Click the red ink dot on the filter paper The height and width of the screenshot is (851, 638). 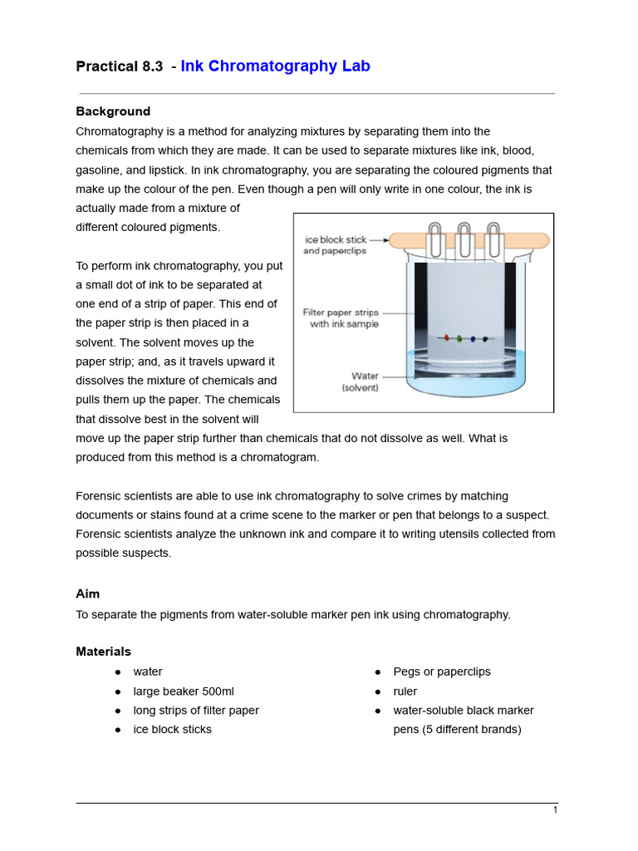click(446, 338)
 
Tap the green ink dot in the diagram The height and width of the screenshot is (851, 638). click(459, 339)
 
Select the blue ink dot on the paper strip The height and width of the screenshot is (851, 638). click(473, 339)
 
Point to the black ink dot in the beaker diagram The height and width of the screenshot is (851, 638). click(485, 339)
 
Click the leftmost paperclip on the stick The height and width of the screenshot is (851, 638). click(435, 240)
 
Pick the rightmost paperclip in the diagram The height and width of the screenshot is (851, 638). click(494, 240)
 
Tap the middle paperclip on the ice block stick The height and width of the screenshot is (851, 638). click(464, 240)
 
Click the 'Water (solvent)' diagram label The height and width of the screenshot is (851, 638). click(360, 381)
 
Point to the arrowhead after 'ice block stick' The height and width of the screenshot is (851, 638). click(385, 240)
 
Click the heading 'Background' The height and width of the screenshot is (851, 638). click(113, 111)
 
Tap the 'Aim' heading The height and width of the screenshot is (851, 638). click(87, 593)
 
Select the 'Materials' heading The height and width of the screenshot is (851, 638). click(103, 652)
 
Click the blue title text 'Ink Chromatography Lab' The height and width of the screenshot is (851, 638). click(275, 66)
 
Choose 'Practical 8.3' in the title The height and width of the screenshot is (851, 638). click(119, 66)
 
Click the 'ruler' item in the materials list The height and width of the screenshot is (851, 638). click(405, 691)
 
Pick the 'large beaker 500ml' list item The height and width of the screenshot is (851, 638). click(184, 691)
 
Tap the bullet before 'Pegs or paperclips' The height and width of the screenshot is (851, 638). click(377, 671)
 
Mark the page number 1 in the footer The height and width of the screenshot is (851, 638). click(555, 810)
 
